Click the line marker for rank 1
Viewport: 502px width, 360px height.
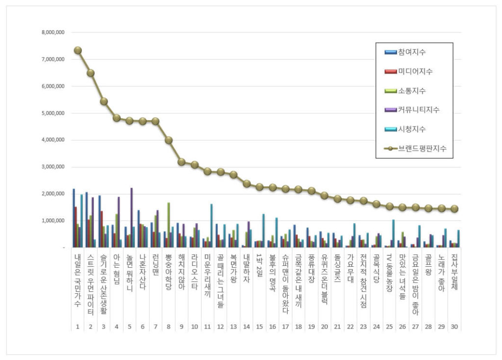[x=78, y=50]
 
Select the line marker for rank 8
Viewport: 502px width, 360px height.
[x=169, y=140]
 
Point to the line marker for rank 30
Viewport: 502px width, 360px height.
[x=454, y=208]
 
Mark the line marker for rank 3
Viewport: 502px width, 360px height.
[x=104, y=101]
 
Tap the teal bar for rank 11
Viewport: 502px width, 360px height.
[x=211, y=226]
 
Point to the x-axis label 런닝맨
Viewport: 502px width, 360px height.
[x=156, y=268]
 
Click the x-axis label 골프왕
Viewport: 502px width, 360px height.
[x=428, y=268]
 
